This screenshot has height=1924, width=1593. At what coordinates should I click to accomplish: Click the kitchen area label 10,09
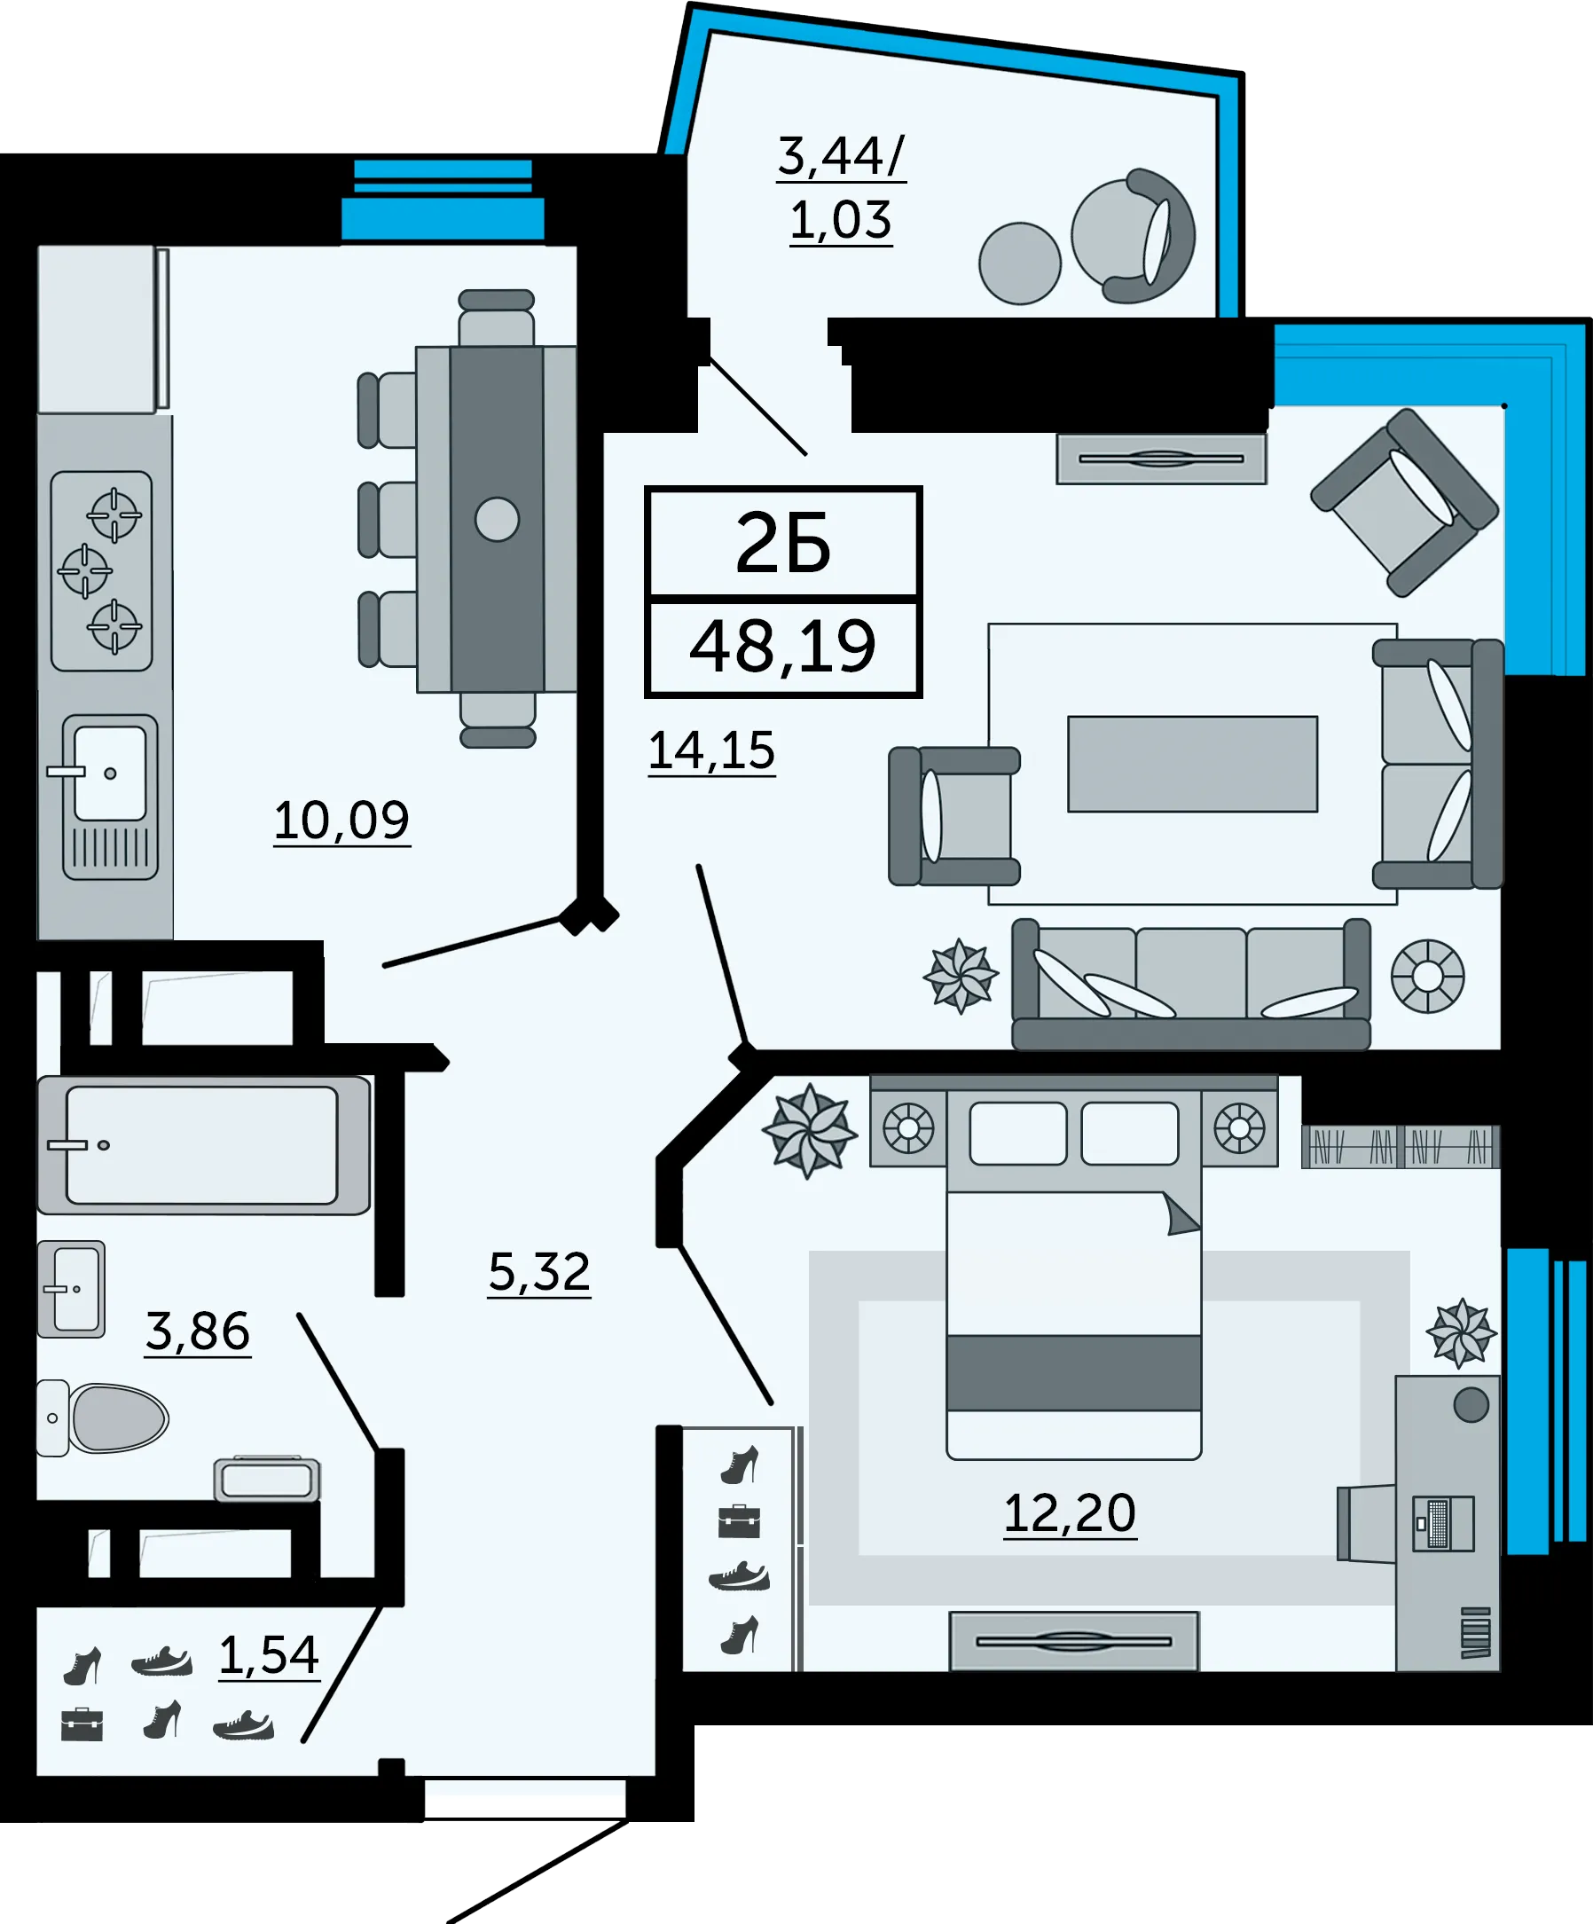tap(341, 820)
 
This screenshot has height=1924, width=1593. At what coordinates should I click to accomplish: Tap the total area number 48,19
tap(783, 647)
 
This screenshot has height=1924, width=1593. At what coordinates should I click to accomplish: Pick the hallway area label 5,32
tap(539, 1272)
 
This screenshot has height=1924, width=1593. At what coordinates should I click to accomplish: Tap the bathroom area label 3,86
tap(198, 1331)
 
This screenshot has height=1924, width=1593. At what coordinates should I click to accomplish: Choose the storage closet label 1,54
tap(270, 1655)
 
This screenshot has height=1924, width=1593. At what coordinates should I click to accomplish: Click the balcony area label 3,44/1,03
tap(841, 188)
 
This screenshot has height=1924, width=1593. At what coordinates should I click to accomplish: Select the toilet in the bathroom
tap(102, 1418)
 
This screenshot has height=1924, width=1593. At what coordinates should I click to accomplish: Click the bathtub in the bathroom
tap(203, 1145)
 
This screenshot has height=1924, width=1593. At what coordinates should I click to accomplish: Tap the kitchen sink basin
tap(110, 773)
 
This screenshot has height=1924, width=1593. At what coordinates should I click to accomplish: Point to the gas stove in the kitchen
tap(102, 570)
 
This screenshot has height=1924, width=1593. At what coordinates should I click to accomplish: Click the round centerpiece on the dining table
tap(498, 520)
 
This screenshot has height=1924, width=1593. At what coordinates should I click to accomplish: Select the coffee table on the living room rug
tap(1193, 764)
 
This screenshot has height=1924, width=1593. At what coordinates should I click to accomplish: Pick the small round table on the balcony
tap(1019, 263)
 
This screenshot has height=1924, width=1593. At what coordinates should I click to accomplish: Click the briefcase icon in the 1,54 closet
tap(82, 1724)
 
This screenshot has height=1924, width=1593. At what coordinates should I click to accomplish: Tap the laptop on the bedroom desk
tap(1443, 1524)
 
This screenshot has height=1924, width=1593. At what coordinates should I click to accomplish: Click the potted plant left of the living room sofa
tap(960, 976)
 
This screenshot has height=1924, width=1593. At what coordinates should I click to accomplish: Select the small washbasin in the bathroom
tap(72, 1289)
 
